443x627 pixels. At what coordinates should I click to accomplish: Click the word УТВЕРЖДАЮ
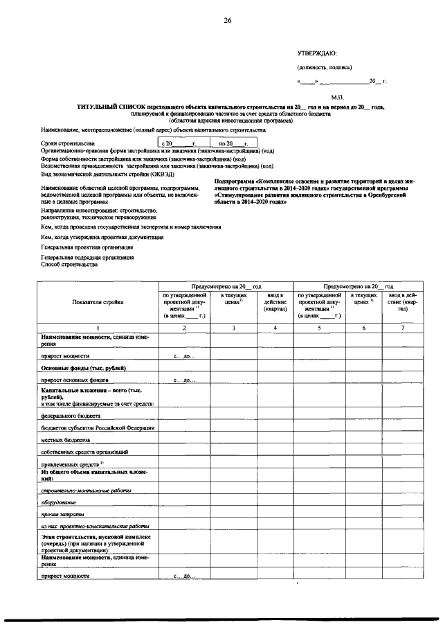(317, 53)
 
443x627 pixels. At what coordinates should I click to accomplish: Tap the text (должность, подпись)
(324, 67)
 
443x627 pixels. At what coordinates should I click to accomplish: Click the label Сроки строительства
(67, 143)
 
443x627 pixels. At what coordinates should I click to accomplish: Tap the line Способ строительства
(69, 264)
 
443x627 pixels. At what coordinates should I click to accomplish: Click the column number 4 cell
(275, 327)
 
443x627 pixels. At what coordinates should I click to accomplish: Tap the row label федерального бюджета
(71, 416)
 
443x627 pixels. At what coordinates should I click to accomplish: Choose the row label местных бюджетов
(66, 439)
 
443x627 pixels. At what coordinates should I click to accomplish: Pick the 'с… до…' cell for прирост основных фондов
(184, 380)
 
